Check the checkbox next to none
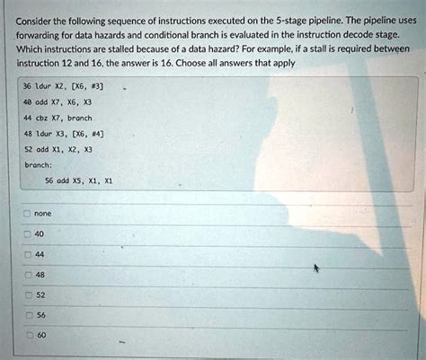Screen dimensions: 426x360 coord(27,215)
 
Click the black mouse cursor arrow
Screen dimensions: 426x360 coord(315,268)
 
